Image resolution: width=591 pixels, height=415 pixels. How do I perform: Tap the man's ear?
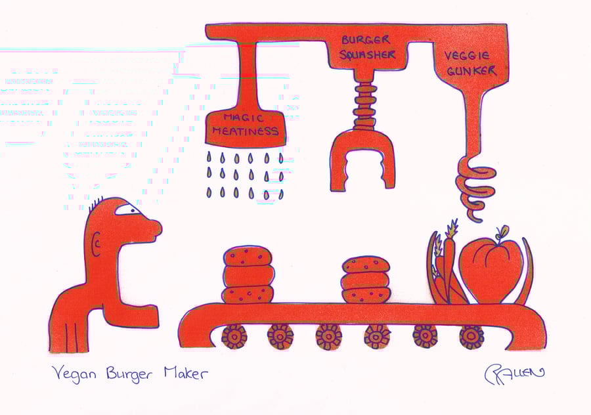(97, 246)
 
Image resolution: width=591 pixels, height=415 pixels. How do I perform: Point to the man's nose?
(154, 227)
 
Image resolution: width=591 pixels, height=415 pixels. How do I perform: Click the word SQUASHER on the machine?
(368, 55)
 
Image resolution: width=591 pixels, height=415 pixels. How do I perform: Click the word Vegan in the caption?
(73, 374)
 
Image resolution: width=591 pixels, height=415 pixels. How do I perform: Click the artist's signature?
(514, 374)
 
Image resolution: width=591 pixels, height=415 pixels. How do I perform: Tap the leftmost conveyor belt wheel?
(234, 336)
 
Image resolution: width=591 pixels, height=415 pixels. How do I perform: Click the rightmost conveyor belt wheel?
(471, 336)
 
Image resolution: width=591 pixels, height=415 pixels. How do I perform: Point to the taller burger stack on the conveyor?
(248, 274)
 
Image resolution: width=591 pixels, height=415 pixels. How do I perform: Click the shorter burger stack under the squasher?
(365, 280)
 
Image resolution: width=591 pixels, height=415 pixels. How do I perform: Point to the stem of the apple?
(502, 233)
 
